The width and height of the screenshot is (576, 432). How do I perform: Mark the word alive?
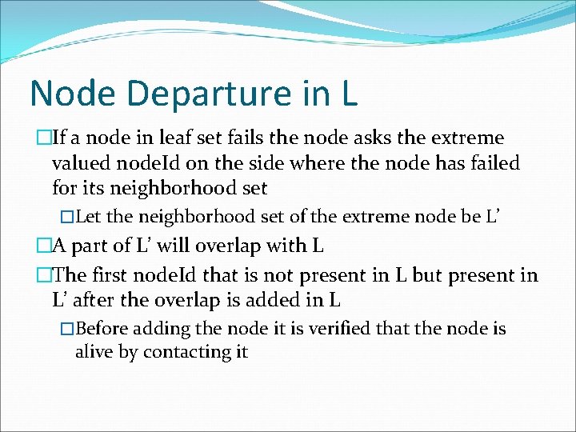tap(94, 351)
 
